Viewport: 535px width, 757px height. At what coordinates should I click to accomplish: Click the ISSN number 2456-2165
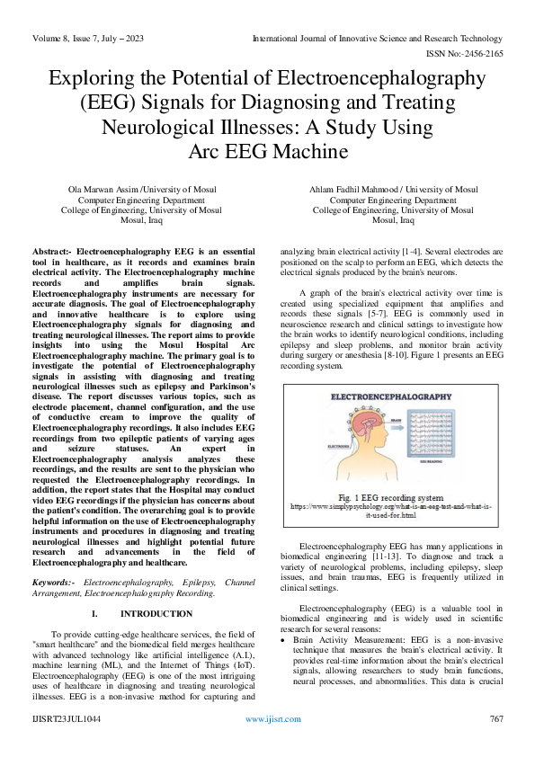(x=479, y=53)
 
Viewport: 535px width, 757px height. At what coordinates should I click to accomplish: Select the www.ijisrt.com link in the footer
(x=267, y=720)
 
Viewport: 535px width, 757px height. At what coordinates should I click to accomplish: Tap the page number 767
(x=495, y=720)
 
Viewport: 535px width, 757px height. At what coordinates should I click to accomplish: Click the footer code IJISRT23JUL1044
(x=67, y=720)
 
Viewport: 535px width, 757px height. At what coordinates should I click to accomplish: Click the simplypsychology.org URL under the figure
(x=391, y=510)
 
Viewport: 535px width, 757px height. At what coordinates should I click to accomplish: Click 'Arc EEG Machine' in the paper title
(x=267, y=150)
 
